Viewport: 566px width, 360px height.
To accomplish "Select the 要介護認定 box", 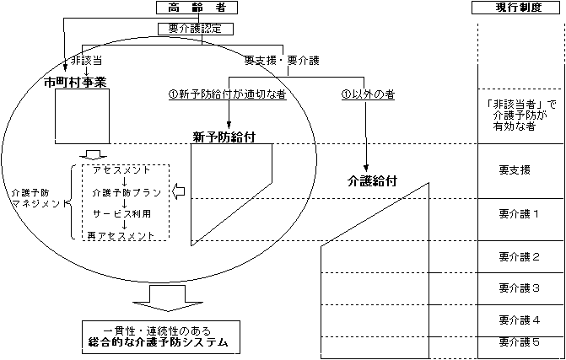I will click(196, 28).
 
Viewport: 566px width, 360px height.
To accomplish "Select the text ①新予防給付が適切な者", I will click(227, 94).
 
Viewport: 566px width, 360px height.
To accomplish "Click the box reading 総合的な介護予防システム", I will click(159, 337).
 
